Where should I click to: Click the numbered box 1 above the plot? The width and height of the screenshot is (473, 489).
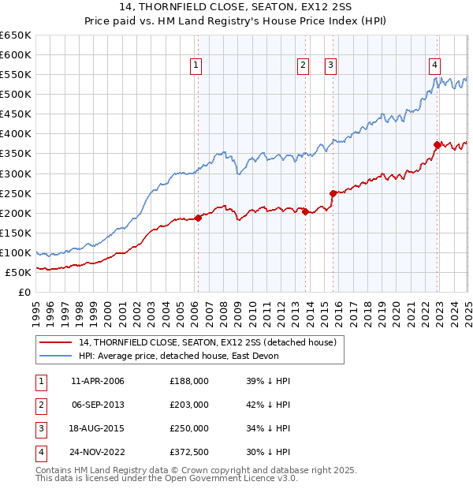pos(196,66)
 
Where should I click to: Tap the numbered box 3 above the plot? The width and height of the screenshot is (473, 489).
pos(330,66)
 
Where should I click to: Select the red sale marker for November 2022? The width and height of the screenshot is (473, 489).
pos(438,144)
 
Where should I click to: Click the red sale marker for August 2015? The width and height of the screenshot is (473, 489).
pos(333,193)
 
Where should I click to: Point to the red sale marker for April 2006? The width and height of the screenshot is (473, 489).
pos(198,218)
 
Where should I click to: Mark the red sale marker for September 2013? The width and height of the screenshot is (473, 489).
pos(305,211)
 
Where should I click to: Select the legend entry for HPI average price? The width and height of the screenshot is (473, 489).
pos(173,356)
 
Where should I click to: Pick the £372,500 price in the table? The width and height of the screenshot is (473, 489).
pos(188,452)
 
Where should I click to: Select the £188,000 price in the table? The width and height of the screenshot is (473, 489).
pos(188,381)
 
